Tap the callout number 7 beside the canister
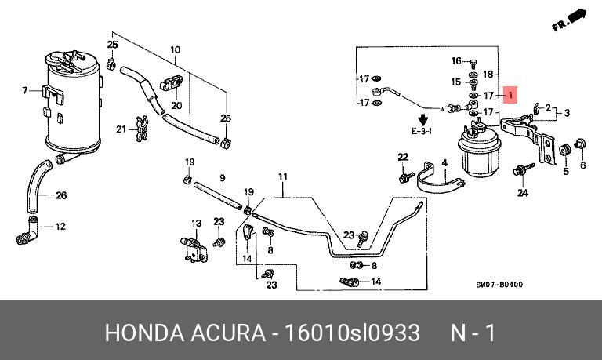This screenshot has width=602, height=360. (x=25, y=91)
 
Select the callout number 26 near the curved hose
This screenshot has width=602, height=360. (x=61, y=195)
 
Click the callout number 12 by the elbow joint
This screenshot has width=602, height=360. (x=60, y=227)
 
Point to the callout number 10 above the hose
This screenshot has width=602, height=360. (x=174, y=49)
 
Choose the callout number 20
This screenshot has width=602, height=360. (x=176, y=105)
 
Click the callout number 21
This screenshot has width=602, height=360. (x=121, y=129)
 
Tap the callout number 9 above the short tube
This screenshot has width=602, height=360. (x=222, y=178)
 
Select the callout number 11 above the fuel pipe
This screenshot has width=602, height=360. (x=282, y=176)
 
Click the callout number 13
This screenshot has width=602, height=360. (x=197, y=224)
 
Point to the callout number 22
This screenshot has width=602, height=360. (x=403, y=158)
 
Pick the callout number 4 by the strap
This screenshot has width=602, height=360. (x=444, y=164)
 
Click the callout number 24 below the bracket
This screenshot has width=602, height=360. (x=522, y=193)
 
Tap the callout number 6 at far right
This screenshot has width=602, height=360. (x=582, y=165)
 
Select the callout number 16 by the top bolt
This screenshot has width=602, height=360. (x=456, y=61)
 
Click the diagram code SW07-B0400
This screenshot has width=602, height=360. (x=500, y=285)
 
